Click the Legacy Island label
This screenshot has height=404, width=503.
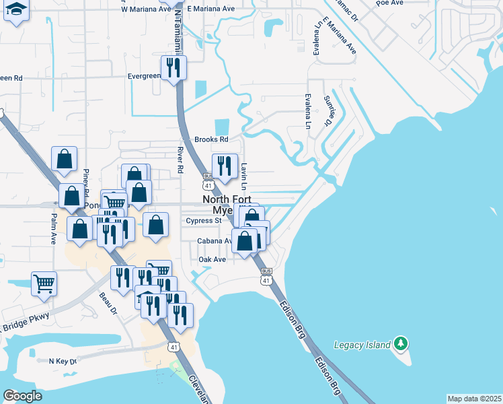(x=362, y=345)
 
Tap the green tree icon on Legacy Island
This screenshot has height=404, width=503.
(x=401, y=344)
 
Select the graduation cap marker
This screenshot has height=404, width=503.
(x=16, y=11)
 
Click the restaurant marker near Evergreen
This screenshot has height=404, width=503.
(x=173, y=67)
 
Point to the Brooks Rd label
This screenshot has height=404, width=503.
(x=211, y=139)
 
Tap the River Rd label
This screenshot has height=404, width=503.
(x=180, y=160)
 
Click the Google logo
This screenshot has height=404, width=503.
(x=22, y=395)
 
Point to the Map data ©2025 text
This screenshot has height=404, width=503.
(x=474, y=399)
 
